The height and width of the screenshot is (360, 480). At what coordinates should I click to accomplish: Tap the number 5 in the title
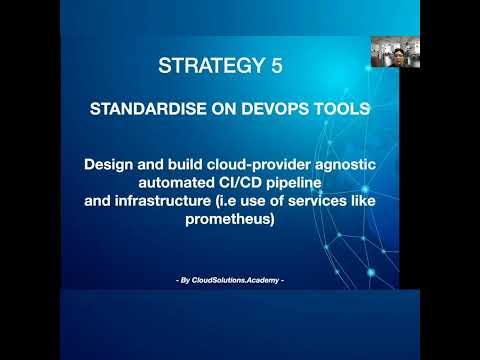[277, 65]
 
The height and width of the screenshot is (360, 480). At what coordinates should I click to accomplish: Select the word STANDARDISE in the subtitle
[148, 109]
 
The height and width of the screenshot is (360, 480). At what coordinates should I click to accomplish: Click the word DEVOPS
[276, 109]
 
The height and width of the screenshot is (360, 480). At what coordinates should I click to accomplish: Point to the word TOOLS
[342, 109]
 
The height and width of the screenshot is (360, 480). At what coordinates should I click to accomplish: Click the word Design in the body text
[109, 164]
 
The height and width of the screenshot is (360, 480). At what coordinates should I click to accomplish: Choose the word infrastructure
[163, 201]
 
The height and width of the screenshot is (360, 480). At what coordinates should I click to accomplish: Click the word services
[317, 201]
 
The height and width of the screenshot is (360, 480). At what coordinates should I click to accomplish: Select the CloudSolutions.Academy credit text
[230, 280]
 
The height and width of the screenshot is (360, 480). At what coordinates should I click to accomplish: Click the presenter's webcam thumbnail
[395, 52]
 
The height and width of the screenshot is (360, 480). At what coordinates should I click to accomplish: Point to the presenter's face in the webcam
[398, 55]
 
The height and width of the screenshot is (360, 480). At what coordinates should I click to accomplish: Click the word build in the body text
[185, 164]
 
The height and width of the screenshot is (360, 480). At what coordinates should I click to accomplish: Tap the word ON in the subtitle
[224, 109]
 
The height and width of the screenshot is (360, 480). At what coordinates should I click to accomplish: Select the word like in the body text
[363, 201]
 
